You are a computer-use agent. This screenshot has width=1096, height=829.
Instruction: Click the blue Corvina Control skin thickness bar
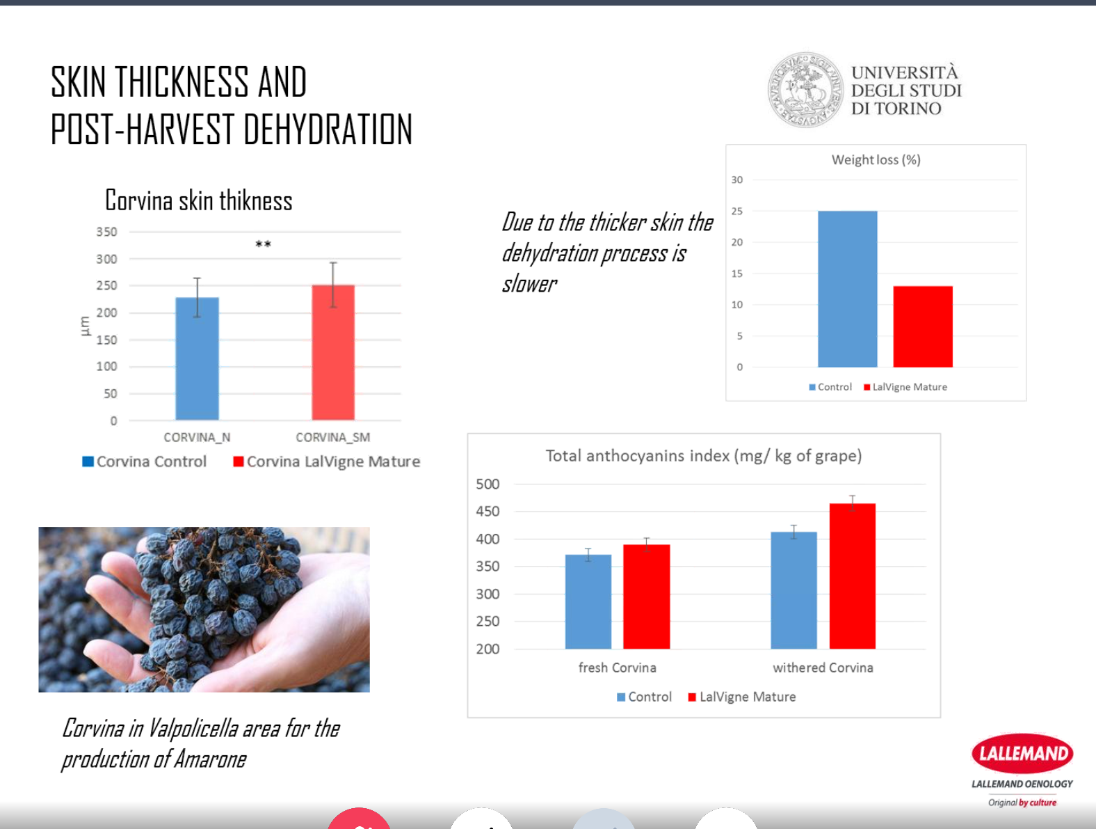tap(197, 358)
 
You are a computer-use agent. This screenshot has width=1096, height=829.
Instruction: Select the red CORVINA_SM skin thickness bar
tap(333, 352)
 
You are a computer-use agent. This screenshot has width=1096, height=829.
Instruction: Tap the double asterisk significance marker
tap(263, 244)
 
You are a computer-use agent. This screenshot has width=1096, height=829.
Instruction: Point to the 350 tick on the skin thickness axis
tap(106, 232)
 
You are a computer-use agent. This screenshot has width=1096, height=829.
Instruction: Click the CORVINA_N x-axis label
tap(197, 437)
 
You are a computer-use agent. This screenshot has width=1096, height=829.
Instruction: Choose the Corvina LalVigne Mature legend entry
tap(327, 461)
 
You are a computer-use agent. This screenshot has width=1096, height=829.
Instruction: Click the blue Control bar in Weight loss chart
tap(847, 289)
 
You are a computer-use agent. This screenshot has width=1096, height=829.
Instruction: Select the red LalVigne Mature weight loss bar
tap(923, 326)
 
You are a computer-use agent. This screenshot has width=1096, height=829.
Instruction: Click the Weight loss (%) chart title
tap(876, 160)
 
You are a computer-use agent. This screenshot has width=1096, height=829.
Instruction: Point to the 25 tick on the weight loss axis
tap(736, 211)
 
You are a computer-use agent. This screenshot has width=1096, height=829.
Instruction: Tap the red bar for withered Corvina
tap(852, 576)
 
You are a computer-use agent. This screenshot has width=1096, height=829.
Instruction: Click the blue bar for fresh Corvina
tap(588, 601)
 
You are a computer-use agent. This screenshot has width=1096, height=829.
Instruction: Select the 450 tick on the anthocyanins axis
tap(487, 512)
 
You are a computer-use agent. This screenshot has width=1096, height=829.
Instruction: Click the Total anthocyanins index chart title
tap(703, 456)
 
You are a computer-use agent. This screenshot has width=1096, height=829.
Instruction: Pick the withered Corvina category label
tap(823, 668)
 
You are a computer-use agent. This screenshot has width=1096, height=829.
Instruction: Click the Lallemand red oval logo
tap(1022, 753)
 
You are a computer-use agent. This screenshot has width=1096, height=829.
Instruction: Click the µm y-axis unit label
tap(85, 326)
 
